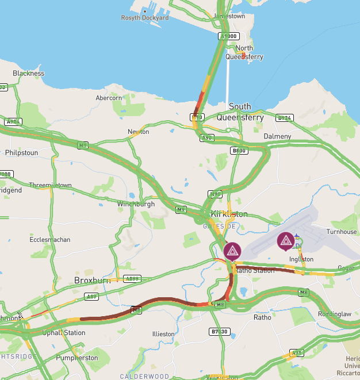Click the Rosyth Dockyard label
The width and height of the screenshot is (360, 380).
(x=145, y=18)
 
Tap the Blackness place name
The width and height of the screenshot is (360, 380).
(x=28, y=74)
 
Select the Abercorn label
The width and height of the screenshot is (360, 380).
(x=109, y=98)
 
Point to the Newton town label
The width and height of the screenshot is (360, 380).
(x=138, y=132)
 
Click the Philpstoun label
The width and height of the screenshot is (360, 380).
(x=21, y=153)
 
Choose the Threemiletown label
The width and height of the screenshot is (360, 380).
(x=51, y=185)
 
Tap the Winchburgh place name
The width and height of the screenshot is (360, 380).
(x=136, y=204)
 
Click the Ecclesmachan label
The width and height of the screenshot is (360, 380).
(x=50, y=239)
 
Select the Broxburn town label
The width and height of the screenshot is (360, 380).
(x=92, y=281)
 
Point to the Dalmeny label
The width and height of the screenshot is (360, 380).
(x=277, y=136)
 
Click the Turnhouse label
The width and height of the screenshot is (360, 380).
(x=342, y=232)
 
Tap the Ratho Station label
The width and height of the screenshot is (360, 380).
(x=255, y=270)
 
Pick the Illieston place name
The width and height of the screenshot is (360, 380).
(x=163, y=334)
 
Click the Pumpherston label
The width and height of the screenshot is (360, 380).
(x=77, y=358)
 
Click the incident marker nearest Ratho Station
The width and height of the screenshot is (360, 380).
(x=232, y=251)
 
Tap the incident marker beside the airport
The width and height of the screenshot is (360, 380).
(x=285, y=241)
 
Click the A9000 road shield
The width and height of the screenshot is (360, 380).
(x=228, y=36)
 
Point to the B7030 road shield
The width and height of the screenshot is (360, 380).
(x=219, y=332)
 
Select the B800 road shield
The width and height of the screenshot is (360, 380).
(x=239, y=151)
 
